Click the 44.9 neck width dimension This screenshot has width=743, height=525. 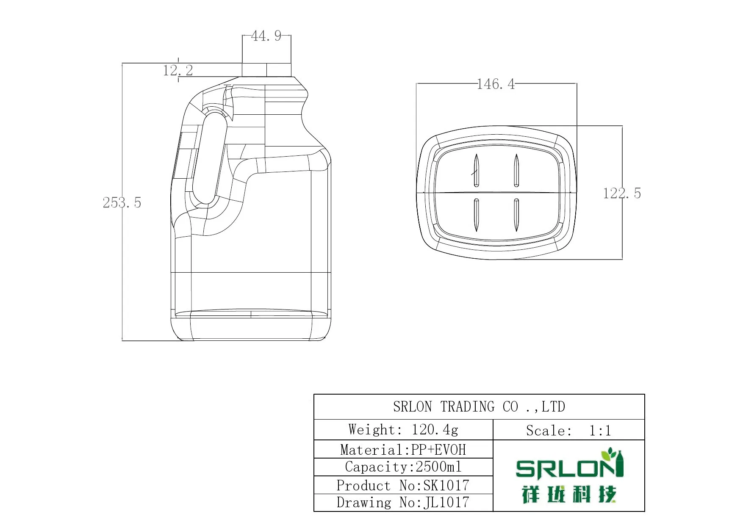[x=266, y=36]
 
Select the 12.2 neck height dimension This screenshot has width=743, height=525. [x=178, y=70]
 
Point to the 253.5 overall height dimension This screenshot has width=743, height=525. [x=122, y=203]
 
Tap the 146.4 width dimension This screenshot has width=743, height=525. [x=496, y=84]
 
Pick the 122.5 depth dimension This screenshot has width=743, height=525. [x=621, y=193]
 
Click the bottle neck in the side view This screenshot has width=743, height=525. [x=267, y=70]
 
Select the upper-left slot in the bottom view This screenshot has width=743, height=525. [x=476, y=171]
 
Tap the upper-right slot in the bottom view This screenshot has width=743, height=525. [x=516, y=171]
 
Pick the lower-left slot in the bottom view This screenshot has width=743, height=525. [x=476, y=215]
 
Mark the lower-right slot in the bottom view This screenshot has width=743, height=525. [x=516, y=215]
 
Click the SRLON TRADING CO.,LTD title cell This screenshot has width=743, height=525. [x=479, y=407]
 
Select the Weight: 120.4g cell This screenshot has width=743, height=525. [x=403, y=430]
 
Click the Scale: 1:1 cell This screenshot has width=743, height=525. [x=568, y=431]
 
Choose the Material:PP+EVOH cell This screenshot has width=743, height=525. [x=403, y=449]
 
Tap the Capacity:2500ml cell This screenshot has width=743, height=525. [x=403, y=467]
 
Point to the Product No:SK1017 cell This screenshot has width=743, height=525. [x=403, y=485]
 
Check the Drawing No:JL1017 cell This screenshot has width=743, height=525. [x=403, y=503]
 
